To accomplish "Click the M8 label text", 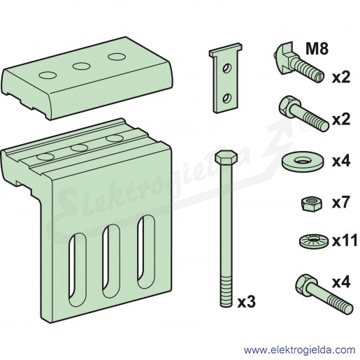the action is click(317, 49).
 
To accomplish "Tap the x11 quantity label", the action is click(345, 240).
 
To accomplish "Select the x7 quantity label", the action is click(341, 202).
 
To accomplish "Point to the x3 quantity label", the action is click(247, 302).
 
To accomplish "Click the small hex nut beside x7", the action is click(311, 204).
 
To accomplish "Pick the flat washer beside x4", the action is click(302, 160).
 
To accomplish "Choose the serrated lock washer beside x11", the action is click(314, 240).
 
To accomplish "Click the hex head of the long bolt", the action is click(226, 157).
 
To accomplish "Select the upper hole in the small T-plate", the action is click(226, 69).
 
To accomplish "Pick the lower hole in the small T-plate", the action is click(226, 98).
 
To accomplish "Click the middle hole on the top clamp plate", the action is click(81, 66).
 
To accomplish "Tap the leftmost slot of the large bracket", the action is click(78, 270).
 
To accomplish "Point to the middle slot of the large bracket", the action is click(111, 261).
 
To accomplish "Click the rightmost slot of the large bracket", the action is click(146, 252).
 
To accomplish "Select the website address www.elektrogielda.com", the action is click(299, 350).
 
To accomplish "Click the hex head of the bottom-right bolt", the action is click(304, 283).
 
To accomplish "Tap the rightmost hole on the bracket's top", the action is click(115, 138).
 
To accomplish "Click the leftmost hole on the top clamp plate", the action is click(48, 75).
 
